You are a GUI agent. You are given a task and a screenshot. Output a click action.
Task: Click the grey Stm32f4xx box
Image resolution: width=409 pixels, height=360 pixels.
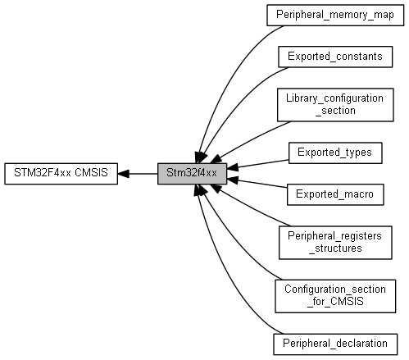pos(192,174)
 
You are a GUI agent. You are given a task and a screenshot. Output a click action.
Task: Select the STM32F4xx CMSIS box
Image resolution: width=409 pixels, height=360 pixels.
pos(61,174)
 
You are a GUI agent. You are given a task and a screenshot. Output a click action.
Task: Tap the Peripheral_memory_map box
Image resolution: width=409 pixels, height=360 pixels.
pos(335,15)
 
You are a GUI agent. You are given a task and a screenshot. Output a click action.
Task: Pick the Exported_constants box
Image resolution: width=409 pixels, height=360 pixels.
pos(335,57)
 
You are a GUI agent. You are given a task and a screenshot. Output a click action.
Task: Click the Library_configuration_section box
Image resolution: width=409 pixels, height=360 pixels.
pos(335,105)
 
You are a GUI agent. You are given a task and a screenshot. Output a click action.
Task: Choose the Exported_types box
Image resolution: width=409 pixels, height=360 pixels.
pos(335,153)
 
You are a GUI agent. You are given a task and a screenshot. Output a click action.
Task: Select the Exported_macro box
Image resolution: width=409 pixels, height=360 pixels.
pos(335,194)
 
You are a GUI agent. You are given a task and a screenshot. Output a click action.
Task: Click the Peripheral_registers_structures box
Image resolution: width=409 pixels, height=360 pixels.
pos(335,243)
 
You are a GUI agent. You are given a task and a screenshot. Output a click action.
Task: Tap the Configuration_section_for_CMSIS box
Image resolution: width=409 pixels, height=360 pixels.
pos(335,296)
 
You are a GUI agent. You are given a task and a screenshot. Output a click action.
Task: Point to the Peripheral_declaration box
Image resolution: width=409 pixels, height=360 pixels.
pos(335,344)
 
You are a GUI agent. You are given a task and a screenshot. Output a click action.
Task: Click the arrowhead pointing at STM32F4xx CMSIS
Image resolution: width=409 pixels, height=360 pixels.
pos(123,174)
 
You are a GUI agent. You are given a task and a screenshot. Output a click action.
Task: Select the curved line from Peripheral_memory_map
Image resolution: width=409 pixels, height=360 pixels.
pos(228,80)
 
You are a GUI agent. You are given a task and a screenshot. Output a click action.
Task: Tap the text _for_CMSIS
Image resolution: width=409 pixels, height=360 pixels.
pos(335,302)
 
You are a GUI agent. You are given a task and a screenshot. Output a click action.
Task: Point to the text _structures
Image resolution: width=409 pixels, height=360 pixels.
pos(335,248)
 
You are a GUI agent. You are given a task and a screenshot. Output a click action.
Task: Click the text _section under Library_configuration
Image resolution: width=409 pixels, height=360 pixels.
pos(335,111)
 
